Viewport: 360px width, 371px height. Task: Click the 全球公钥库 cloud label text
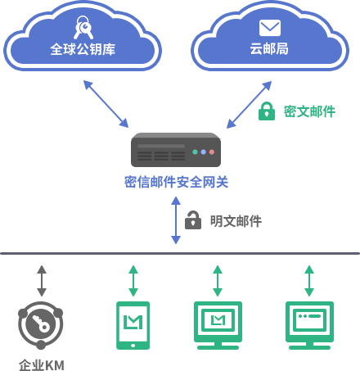(83, 49)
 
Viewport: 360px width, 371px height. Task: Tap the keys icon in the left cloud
(83, 27)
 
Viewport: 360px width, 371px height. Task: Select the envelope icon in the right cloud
(270, 28)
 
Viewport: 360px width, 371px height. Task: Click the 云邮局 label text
(269, 49)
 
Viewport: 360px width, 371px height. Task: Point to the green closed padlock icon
(267, 111)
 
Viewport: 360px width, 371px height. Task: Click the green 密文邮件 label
(309, 111)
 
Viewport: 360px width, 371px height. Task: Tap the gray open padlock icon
(193, 220)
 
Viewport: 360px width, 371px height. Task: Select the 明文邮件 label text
(236, 221)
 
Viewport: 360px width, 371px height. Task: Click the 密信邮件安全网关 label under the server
(176, 182)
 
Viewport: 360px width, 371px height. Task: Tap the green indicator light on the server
(195, 152)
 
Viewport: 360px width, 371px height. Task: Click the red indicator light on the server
(212, 152)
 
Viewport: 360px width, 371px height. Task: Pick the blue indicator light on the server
(204, 152)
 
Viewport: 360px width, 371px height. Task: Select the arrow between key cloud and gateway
(106, 104)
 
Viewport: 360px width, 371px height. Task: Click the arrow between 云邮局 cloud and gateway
(249, 105)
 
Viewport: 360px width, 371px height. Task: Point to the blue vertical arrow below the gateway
(176, 220)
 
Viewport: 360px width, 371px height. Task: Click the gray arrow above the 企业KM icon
(42, 281)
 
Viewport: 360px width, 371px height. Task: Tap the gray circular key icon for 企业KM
(41, 325)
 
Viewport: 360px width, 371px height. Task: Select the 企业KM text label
(42, 365)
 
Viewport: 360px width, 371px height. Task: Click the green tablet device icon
(133, 325)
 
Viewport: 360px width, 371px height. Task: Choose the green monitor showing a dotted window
(309, 325)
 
